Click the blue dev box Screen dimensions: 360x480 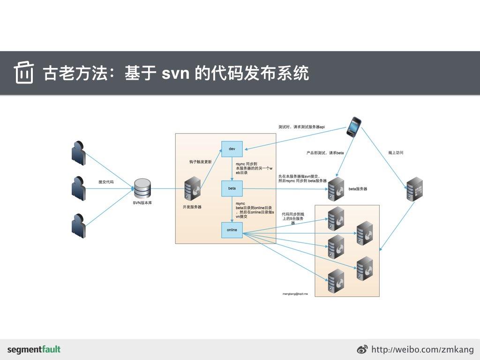(232, 149)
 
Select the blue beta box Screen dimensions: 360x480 (232, 188)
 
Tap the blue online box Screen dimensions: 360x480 (232, 230)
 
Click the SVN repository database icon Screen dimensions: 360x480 (142, 188)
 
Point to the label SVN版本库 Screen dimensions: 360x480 (142, 202)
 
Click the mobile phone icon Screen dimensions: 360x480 (354, 127)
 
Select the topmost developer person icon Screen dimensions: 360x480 (78, 152)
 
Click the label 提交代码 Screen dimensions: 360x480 (106, 181)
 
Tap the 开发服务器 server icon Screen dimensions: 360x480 (192, 189)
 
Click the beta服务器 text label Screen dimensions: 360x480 (358, 189)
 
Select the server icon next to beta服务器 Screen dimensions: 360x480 (336, 189)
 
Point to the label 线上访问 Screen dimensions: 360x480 (396, 153)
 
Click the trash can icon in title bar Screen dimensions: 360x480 (23, 73)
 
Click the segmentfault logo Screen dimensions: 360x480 (34, 349)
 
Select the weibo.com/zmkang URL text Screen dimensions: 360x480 (422, 350)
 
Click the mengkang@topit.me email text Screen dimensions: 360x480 (295, 293)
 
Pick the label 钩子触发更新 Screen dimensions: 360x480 (200, 161)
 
